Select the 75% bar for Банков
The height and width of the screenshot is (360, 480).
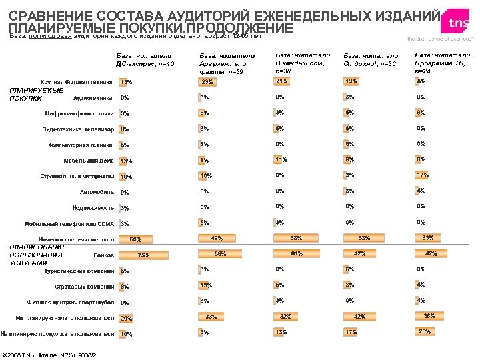tap(143, 255)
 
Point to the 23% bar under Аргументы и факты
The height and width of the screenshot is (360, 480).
tap(208, 82)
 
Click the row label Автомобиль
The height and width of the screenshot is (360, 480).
tap(96, 192)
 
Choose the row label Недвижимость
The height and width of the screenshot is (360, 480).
tap(93, 208)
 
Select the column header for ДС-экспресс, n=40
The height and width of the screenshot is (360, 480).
tap(145, 59)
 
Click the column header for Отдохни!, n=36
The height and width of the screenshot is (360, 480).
tap(370, 60)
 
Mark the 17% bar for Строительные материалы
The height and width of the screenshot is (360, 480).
tap(422, 175)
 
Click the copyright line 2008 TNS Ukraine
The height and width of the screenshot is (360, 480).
tap(50, 353)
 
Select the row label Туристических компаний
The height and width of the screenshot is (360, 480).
tap(79, 271)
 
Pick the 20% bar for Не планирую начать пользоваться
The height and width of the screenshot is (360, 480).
tap(125, 318)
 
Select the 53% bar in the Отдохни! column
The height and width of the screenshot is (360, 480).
tap(364, 238)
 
